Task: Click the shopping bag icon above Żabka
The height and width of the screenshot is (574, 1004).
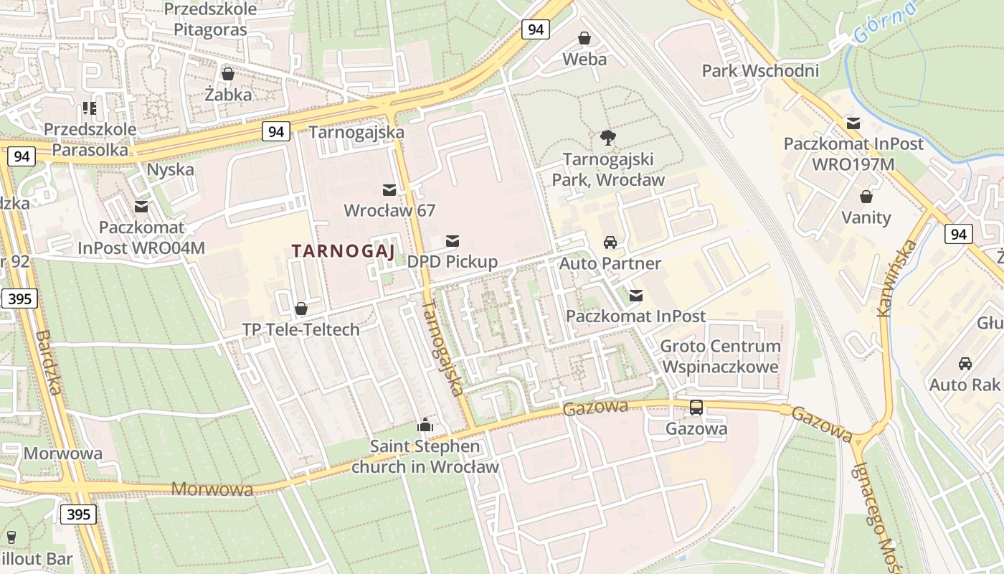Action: pos(228,74)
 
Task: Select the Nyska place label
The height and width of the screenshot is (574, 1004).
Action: pos(170,169)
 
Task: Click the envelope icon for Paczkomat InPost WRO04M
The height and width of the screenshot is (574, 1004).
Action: pos(141,207)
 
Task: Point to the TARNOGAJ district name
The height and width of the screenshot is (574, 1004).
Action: pos(344,251)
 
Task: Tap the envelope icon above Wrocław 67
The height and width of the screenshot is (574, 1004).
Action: pos(389,189)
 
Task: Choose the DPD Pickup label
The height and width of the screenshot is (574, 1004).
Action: pos(452,261)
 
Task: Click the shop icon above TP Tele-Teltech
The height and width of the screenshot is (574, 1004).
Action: pos(301,309)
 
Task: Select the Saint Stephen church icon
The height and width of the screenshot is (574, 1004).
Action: pos(425,425)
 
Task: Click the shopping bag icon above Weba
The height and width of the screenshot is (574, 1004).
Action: pos(584,38)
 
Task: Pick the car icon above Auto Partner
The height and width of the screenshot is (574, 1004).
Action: pos(610,243)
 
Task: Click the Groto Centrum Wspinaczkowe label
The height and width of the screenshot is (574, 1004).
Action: pos(720,356)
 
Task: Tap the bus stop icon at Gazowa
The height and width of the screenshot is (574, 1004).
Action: pos(696,408)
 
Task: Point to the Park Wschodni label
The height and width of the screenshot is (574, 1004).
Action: pos(760,70)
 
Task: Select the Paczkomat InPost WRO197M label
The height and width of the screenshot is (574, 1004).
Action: pos(853,153)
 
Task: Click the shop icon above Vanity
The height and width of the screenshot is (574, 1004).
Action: pos(866,197)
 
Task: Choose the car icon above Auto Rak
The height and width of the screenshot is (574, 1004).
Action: pos(965,364)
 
